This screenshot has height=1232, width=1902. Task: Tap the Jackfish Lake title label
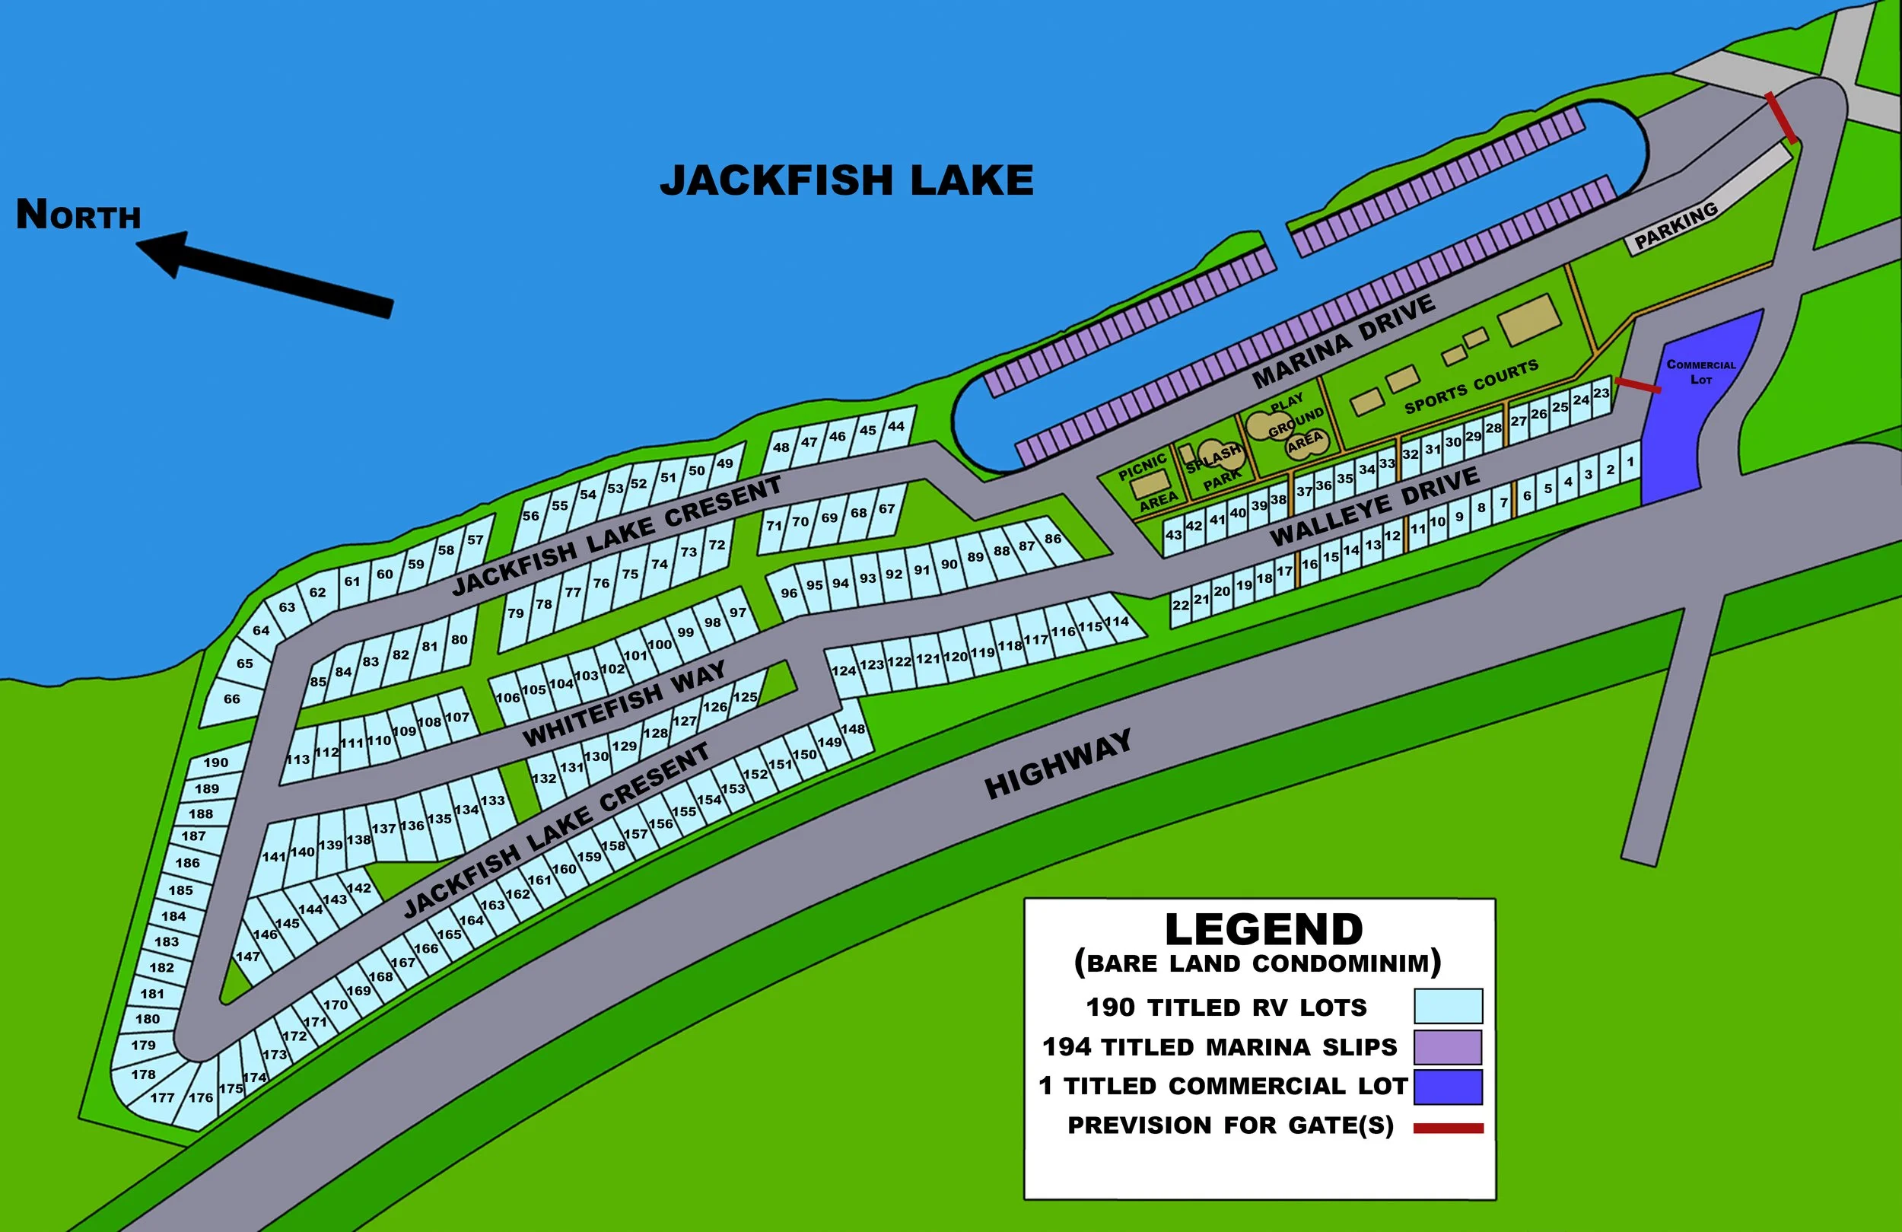pos(846,180)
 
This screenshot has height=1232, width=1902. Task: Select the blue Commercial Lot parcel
pos(1694,415)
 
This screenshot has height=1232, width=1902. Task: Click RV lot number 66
pos(231,699)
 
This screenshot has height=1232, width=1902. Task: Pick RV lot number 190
pos(216,762)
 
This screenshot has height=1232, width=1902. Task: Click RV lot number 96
pos(789,594)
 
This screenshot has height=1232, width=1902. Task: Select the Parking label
pos(1675,226)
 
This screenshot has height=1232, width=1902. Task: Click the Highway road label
pos(1058,764)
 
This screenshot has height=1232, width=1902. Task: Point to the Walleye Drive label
pos(1375,507)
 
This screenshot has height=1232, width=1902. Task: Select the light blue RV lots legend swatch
pos(1448,1006)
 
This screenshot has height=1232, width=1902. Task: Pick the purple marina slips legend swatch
pos(1448,1046)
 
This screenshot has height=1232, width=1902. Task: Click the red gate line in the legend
pos(1448,1129)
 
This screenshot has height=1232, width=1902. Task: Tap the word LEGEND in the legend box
pos(1264,929)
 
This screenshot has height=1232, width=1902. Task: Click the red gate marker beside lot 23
pos(1637,385)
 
